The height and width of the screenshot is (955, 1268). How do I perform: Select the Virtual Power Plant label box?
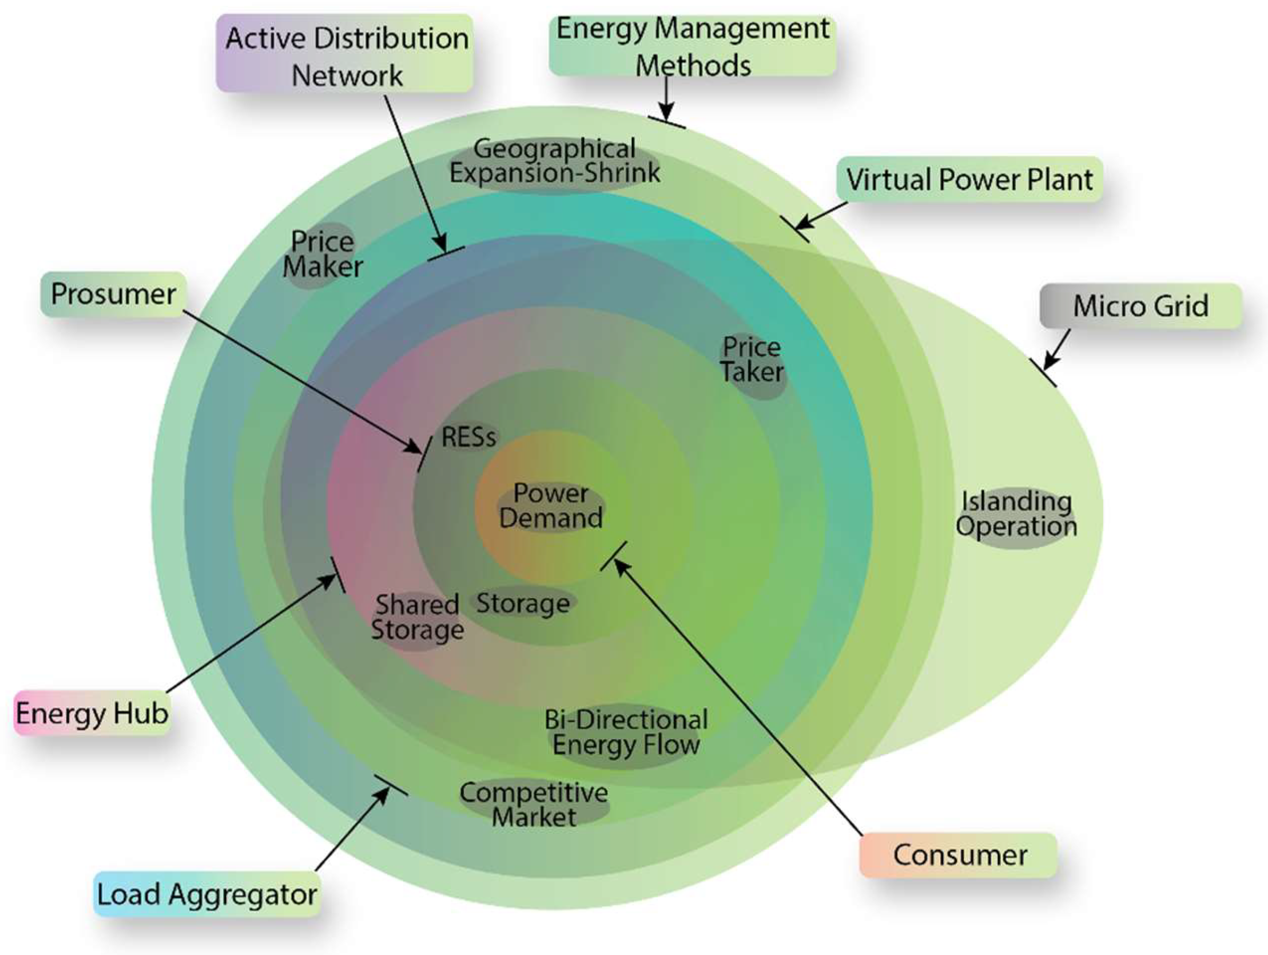pyautogui.click(x=969, y=179)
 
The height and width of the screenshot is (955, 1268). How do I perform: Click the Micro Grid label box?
pyautogui.click(x=1140, y=306)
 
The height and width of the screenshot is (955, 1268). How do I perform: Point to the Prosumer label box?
pyautogui.click(x=113, y=294)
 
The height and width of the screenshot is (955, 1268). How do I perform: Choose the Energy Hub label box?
pyautogui.click(x=91, y=714)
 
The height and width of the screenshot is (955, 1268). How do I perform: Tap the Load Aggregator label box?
pyautogui.click(x=206, y=894)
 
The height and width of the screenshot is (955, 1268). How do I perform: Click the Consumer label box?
pyautogui.click(x=959, y=855)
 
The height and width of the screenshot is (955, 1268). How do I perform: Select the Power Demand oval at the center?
pyautogui.click(x=550, y=506)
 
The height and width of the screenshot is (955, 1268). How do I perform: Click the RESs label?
pyautogui.click(x=468, y=438)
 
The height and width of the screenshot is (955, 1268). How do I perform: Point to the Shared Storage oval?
pyautogui.click(x=417, y=618)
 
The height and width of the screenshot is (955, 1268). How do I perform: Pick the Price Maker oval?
pyautogui.click(x=322, y=254)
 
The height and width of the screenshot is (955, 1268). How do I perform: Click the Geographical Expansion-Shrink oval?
pyautogui.click(x=554, y=161)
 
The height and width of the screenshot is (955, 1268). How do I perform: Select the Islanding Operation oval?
pyautogui.click(x=1016, y=514)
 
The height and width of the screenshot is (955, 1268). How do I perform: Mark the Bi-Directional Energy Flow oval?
pyautogui.click(x=626, y=733)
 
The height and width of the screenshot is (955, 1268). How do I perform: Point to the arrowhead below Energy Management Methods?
pyautogui.click(x=666, y=114)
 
